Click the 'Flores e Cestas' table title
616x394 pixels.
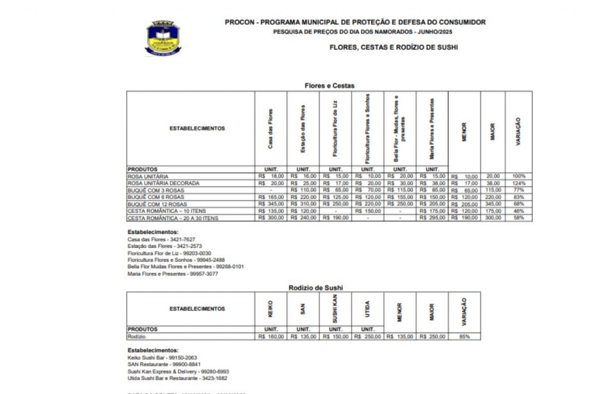tap(328, 86)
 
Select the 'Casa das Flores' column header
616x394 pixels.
tap(271, 128)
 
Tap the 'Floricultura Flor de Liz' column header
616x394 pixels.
tap(336, 128)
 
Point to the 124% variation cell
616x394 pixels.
tap(519, 183)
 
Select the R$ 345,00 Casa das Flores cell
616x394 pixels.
tap(271, 204)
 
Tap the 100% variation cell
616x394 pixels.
tap(519, 176)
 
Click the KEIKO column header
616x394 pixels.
tap(271, 308)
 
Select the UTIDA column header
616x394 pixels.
tap(368, 308)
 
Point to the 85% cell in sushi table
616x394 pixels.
tap(464, 337)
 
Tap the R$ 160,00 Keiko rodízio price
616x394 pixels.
tap(271, 337)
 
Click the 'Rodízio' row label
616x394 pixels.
tap(137, 337)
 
